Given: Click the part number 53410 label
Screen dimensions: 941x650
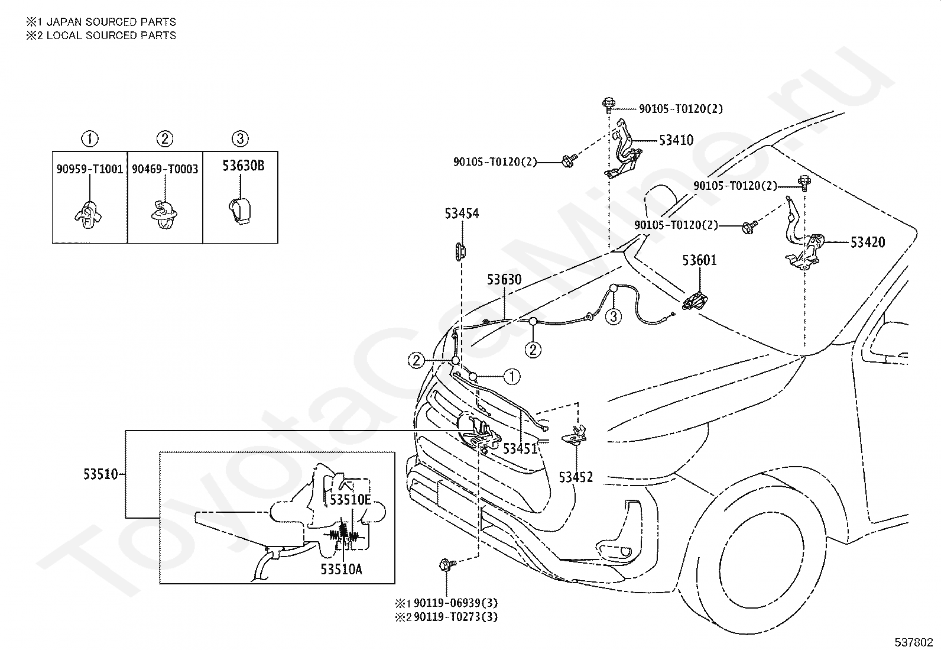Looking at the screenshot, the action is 676,140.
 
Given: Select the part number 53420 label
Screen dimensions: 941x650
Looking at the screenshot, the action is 868,242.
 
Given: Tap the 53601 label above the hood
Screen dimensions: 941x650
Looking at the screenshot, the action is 699,260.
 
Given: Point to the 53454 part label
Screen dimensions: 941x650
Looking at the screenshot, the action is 462,214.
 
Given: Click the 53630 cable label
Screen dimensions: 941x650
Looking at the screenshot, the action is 504,280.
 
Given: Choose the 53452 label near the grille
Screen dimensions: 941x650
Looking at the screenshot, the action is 576,477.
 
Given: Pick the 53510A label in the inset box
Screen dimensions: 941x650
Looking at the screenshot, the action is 341,570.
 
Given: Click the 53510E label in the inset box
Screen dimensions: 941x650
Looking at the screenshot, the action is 350,500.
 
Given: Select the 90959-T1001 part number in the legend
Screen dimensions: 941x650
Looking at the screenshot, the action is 89,169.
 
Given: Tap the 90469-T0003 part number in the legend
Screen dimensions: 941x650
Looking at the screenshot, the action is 165,169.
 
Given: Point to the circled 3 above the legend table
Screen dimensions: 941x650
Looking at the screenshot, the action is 240,138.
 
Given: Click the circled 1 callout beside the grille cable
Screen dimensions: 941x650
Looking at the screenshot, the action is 512,377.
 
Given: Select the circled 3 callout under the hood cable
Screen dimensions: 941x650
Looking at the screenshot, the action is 614,316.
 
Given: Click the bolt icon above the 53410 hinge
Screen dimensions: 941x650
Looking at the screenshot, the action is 609,105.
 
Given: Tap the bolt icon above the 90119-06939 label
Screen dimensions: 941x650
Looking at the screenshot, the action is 446,565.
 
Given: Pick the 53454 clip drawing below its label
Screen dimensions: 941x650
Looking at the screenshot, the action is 460,251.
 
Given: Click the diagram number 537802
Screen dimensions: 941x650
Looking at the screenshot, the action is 913,642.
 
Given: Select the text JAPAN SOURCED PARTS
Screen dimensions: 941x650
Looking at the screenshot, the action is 111,22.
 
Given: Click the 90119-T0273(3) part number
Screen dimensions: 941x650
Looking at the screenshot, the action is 455,617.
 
